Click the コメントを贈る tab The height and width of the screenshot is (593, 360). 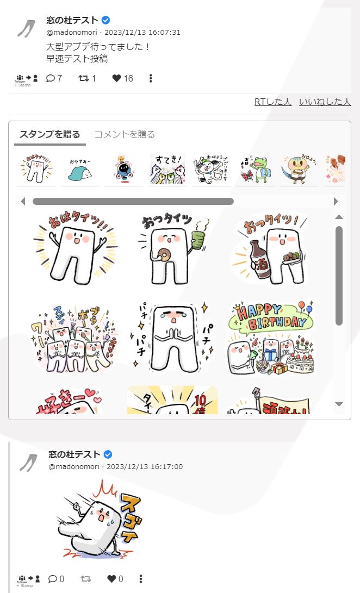coord(125,134)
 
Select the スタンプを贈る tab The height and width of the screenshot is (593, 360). coord(49,134)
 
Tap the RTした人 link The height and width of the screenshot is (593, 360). coord(273,102)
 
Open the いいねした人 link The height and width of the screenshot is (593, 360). coord(325,102)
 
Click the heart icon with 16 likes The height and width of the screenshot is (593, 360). coord(116,78)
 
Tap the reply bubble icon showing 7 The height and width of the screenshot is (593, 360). coord(51,78)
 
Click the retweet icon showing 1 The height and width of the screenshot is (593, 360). coord(83,78)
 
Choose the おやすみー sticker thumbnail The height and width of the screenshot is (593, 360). coord(80,170)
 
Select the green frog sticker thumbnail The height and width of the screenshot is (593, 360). coord(255,169)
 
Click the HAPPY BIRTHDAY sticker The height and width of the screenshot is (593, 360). coord(270,338)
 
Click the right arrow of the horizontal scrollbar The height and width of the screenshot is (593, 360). coord(336,201)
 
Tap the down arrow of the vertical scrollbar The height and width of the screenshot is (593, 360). coord(339,404)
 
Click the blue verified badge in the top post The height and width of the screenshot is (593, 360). coord(106,20)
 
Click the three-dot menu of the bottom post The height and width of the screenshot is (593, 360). coord(141,579)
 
